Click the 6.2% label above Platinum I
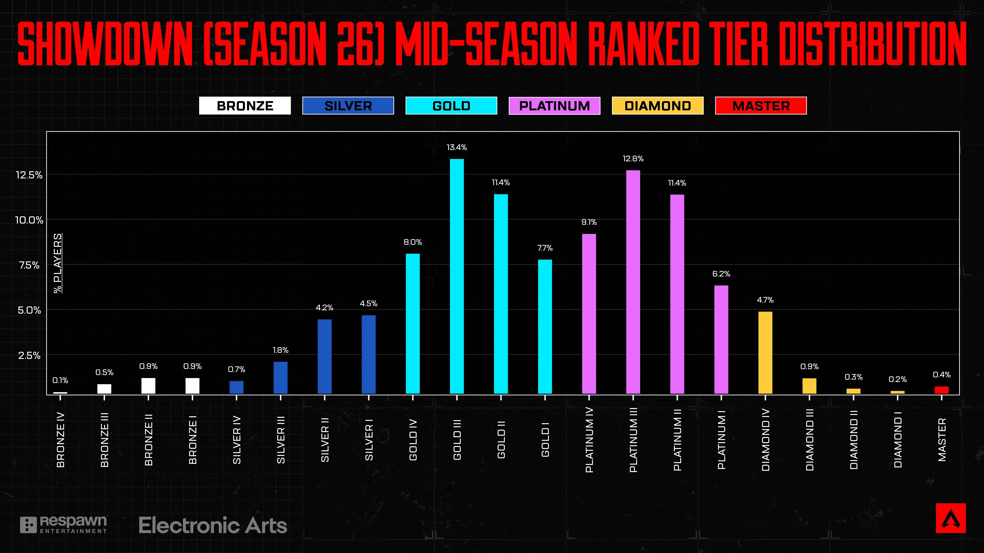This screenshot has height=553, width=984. (x=721, y=274)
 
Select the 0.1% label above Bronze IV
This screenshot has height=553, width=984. (x=60, y=380)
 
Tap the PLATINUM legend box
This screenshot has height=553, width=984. (x=554, y=106)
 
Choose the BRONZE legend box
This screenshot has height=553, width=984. (x=245, y=106)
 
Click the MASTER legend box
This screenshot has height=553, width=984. (x=761, y=106)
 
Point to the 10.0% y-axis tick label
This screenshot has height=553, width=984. (x=29, y=220)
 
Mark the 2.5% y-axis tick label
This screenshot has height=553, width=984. (x=29, y=355)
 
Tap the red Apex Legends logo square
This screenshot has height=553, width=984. (x=950, y=518)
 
